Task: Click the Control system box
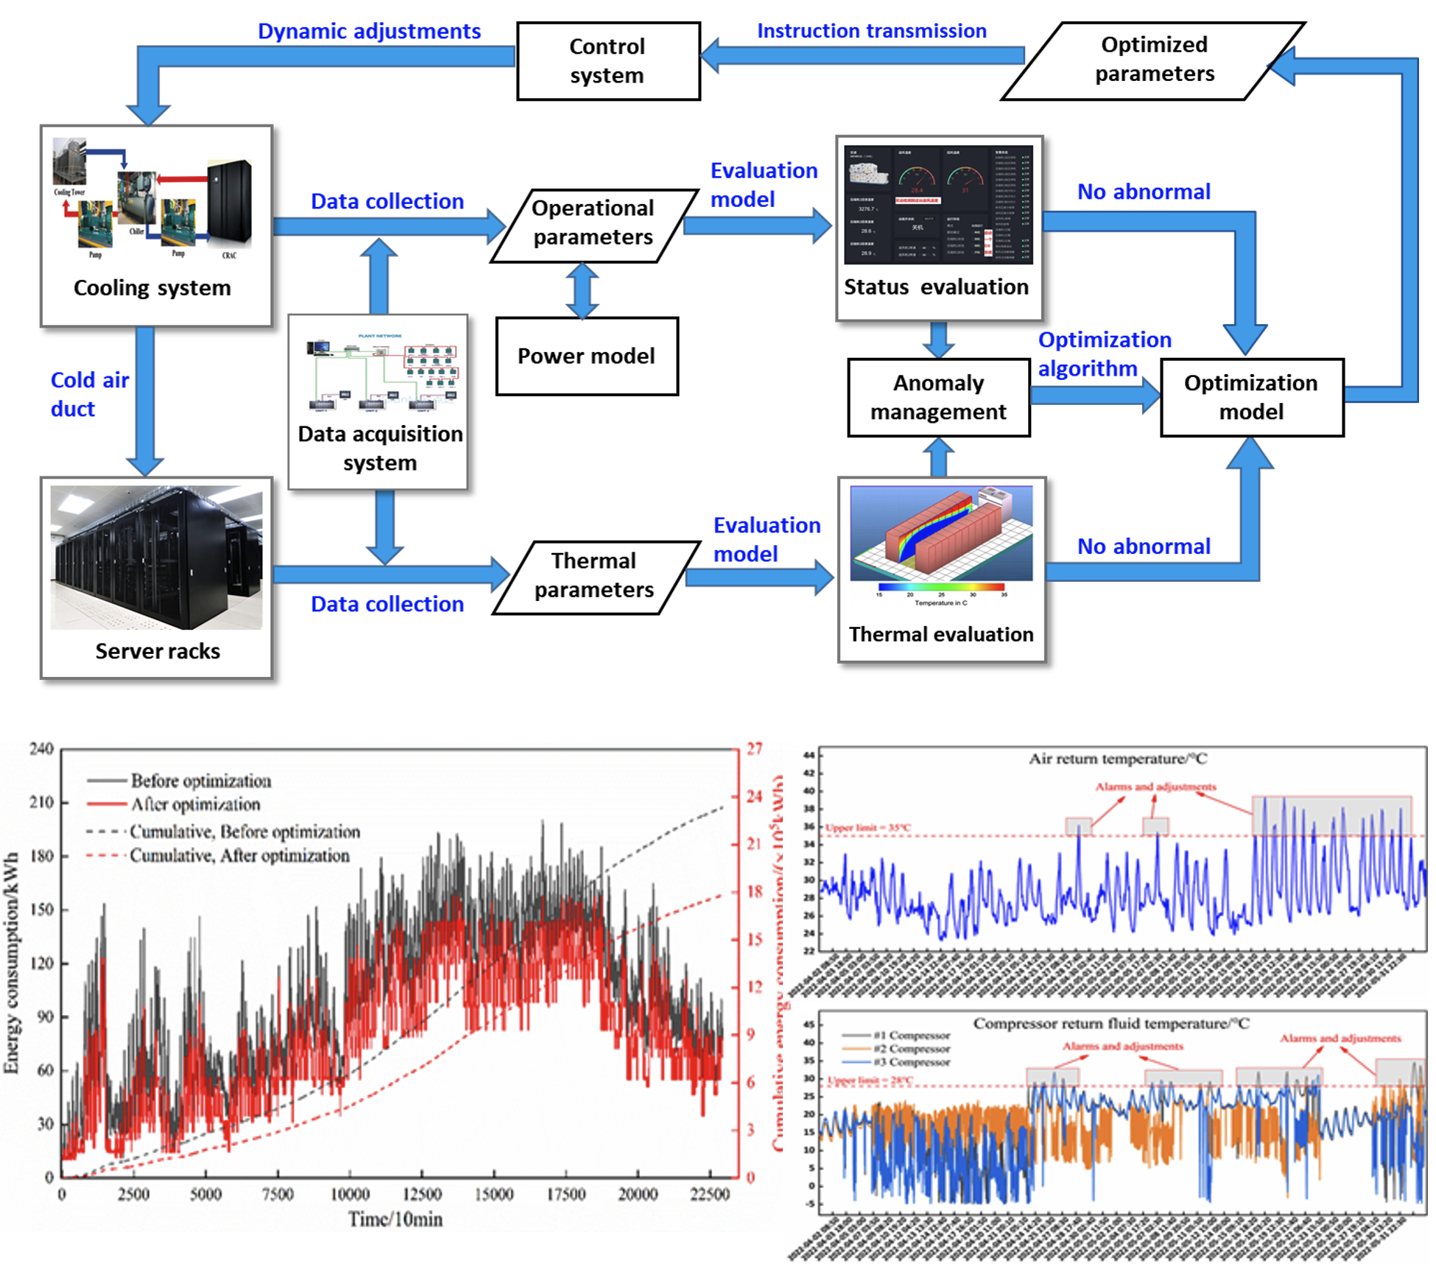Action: point(608,61)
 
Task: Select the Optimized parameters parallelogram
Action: point(1153,60)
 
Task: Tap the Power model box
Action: point(586,356)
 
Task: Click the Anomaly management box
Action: point(938,398)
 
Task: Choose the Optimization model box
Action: point(1251,398)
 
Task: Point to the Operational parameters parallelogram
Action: point(593,223)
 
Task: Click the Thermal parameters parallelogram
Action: point(594,576)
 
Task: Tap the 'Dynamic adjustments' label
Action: point(369,32)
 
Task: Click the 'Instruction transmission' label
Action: point(871,32)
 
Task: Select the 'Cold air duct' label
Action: point(89,395)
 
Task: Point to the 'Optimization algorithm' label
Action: point(1103,354)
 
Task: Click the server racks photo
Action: point(156,558)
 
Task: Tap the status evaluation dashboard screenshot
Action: point(938,205)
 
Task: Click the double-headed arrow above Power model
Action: point(583,290)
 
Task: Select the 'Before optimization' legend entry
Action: point(200,781)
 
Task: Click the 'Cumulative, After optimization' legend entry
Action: point(239,856)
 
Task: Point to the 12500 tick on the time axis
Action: point(421,1194)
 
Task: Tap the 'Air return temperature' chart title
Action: point(1117,759)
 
